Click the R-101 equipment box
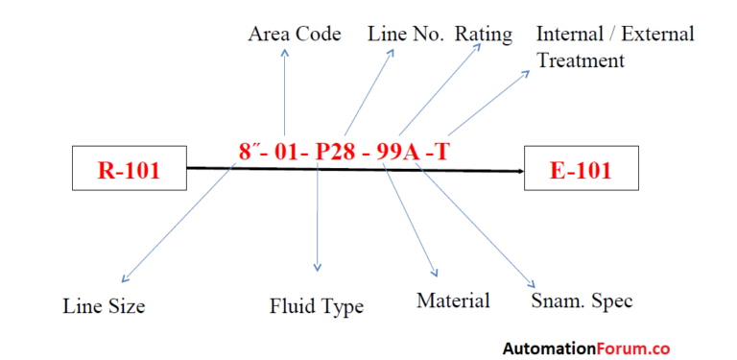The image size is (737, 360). [129, 172]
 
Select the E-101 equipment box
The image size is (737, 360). [582, 172]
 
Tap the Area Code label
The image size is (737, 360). [295, 35]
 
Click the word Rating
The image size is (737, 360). [484, 35]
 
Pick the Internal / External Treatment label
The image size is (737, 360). [614, 47]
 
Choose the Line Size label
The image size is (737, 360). [104, 306]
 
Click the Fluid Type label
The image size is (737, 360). [316, 306]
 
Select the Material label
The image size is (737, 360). [453, 300]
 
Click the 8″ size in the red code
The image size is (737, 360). [251, 151]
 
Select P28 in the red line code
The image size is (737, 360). [337, 151]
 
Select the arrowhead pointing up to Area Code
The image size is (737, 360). [285, 53]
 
